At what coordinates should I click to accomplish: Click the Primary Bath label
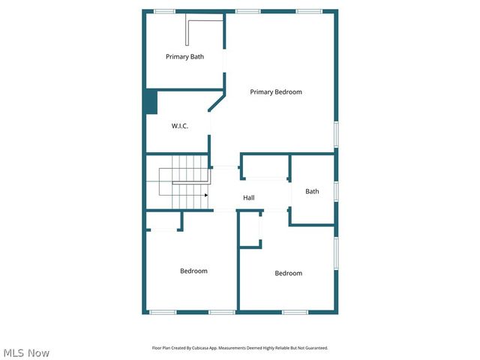click(184, 56)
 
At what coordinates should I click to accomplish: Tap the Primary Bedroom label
click(276, 91)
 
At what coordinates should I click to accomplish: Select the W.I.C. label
click(179, 125)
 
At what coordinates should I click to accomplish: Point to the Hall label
click(248, 198)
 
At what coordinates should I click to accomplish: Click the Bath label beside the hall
click(312, 191)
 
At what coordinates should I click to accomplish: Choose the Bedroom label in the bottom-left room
click(193, 271)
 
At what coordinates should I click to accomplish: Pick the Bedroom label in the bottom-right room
click(288, 273)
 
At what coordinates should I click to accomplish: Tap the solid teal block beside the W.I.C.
click(150, 102)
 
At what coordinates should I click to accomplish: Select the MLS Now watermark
click(26, 352)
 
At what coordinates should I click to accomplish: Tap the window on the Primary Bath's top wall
click(164, 11)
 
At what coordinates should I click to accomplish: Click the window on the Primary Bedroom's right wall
click(337, 133)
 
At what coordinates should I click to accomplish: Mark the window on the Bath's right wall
click(337, 191)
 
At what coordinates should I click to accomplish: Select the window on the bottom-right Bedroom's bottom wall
click(295, 312)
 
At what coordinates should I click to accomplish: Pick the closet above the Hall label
click(265, 166)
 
